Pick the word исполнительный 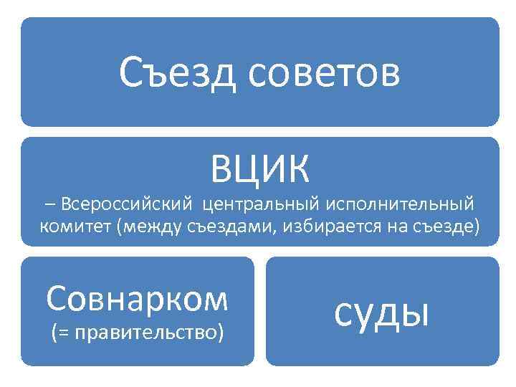pyautogui.click(x=400, y=206)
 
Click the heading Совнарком pyautogui.click(x=137, y=298)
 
